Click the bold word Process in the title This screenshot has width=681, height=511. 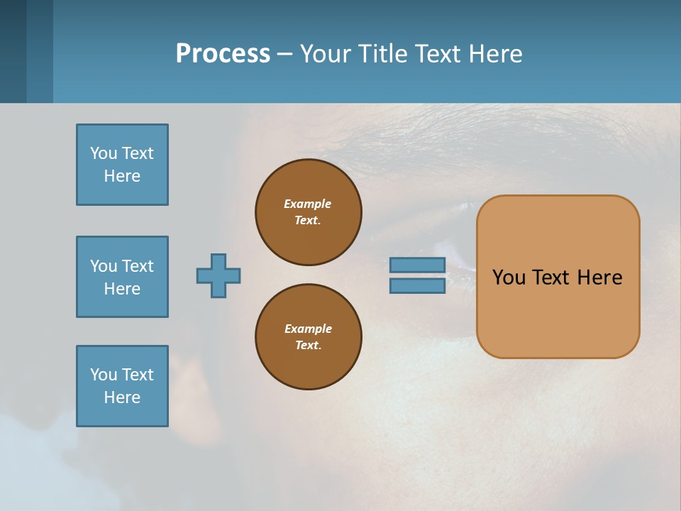click(x=223, y=54)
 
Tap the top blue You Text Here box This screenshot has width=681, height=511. click(x=122, y=165)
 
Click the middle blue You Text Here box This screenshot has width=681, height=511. click(x=122, y=277)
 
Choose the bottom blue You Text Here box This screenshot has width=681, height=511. click(x=122, y=386)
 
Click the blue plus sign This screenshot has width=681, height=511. click(x=218, y=275)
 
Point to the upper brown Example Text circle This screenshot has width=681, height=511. click(x=309, y=212)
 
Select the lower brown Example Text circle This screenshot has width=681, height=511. click(x=309, y=337)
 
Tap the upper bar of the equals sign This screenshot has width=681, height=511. click(x=417, y=265)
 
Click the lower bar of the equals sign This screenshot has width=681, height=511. click(x=417, y=286)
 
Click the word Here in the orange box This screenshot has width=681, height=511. click(x=599, y=278)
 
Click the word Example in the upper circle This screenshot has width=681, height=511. click(x=307, y=204)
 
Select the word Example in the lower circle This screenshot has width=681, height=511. click(x=308, y=329)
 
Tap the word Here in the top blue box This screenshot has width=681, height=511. click(x=122, y=176)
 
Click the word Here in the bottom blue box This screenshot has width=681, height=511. click(x=122, y=397)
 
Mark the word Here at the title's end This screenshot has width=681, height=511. click(x=496, y=54)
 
